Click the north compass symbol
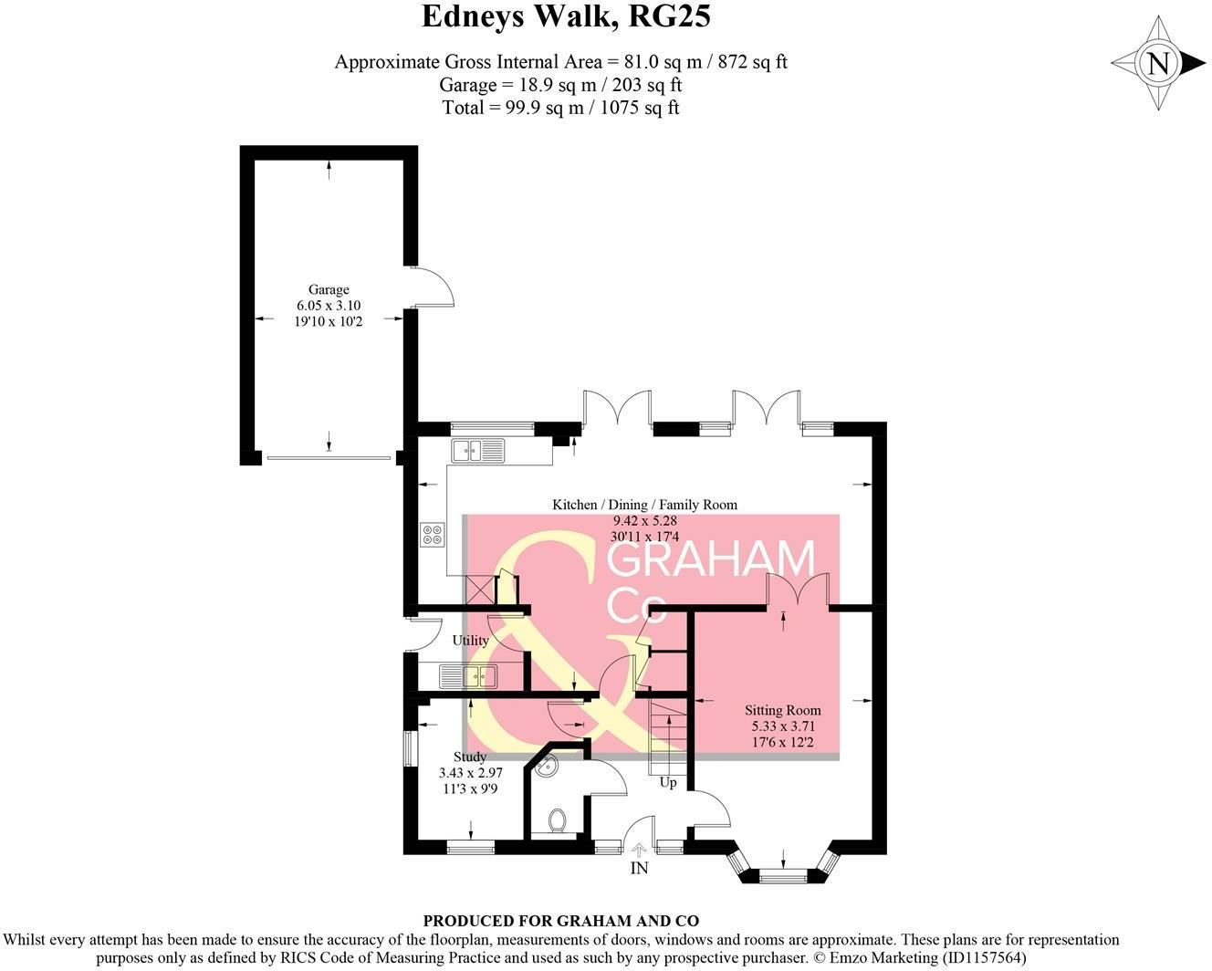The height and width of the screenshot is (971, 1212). (x=1158, y=64)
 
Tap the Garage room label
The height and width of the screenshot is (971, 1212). (x=329, y=290)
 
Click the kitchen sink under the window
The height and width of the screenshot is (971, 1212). (x=477, y=450)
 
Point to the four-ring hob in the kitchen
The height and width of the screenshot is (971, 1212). (x=432, y=535)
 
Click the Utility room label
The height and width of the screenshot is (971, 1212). (x=471, y=641)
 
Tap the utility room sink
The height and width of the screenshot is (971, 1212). (x=468, y=676)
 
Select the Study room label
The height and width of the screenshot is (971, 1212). (x=470, y=757)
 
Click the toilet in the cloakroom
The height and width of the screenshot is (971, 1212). (x=558, y=820)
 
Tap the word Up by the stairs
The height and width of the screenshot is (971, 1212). (x=668, y=783)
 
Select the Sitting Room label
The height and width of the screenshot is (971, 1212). (x=782, y=710)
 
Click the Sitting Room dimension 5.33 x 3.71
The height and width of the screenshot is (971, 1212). (x=782, y=726)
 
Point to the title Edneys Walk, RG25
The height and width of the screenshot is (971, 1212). (x=566, y=16)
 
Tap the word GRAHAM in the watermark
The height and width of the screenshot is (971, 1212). (x=711, y=559)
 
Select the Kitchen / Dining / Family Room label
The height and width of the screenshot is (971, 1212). (x=644, y=505)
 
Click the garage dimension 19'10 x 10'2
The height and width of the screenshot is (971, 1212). (x=329, y=321)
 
